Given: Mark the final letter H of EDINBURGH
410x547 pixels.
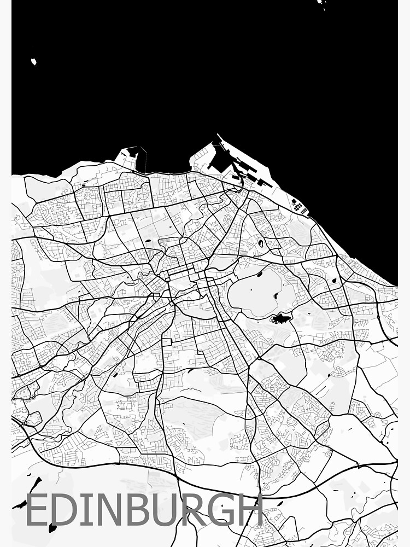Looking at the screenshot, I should [x=252, y=510].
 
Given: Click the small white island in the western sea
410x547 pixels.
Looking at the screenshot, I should [x=34, y=62].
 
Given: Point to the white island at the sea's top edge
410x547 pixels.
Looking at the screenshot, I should [x=321, y=3].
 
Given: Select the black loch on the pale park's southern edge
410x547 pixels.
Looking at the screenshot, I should [x=280, y=318].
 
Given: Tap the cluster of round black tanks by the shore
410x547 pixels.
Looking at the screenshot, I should [x=298, y=206].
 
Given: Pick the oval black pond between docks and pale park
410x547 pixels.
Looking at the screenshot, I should [x=260, y=243].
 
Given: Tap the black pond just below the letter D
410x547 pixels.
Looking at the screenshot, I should [x=52, y=528].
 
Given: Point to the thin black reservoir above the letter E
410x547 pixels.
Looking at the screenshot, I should [x=35, y=485].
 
